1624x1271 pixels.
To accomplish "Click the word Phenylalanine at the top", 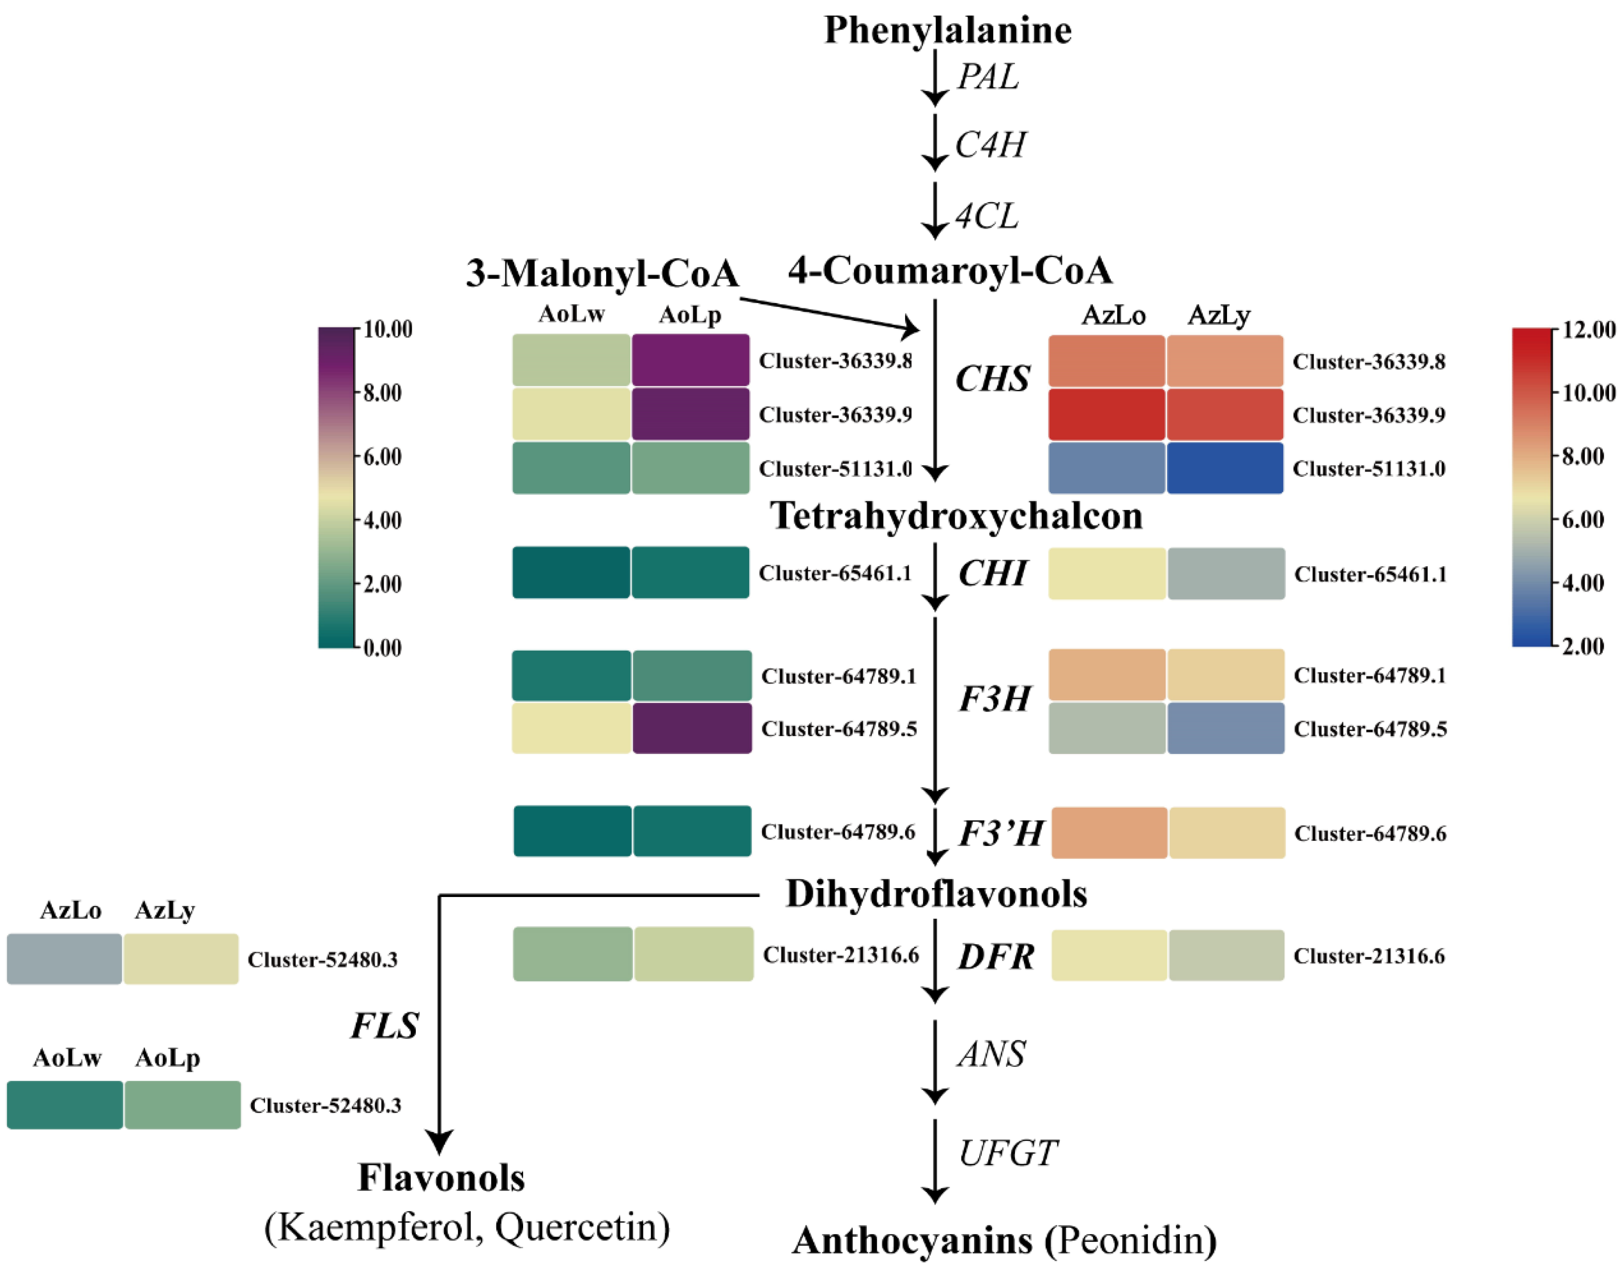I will coord(947,30).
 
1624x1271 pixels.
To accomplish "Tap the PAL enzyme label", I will coord(988,76).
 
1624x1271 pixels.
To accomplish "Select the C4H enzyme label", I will coord(990,145).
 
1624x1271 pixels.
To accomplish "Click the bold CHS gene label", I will coord(992,379).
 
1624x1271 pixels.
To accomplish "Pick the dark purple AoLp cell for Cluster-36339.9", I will coord(691,414).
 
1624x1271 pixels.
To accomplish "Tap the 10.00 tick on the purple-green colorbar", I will coord(387,329).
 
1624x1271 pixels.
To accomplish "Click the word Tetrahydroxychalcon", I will coord(956,516).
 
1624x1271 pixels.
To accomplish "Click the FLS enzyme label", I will coord(384,1026).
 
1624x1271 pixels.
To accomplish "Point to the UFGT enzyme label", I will coord(1007,1153).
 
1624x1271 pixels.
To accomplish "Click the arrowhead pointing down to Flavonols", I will coord(439,1141).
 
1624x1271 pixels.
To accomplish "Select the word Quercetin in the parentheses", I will coord(581,1227).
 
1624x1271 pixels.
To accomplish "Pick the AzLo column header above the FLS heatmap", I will coord(71,910).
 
